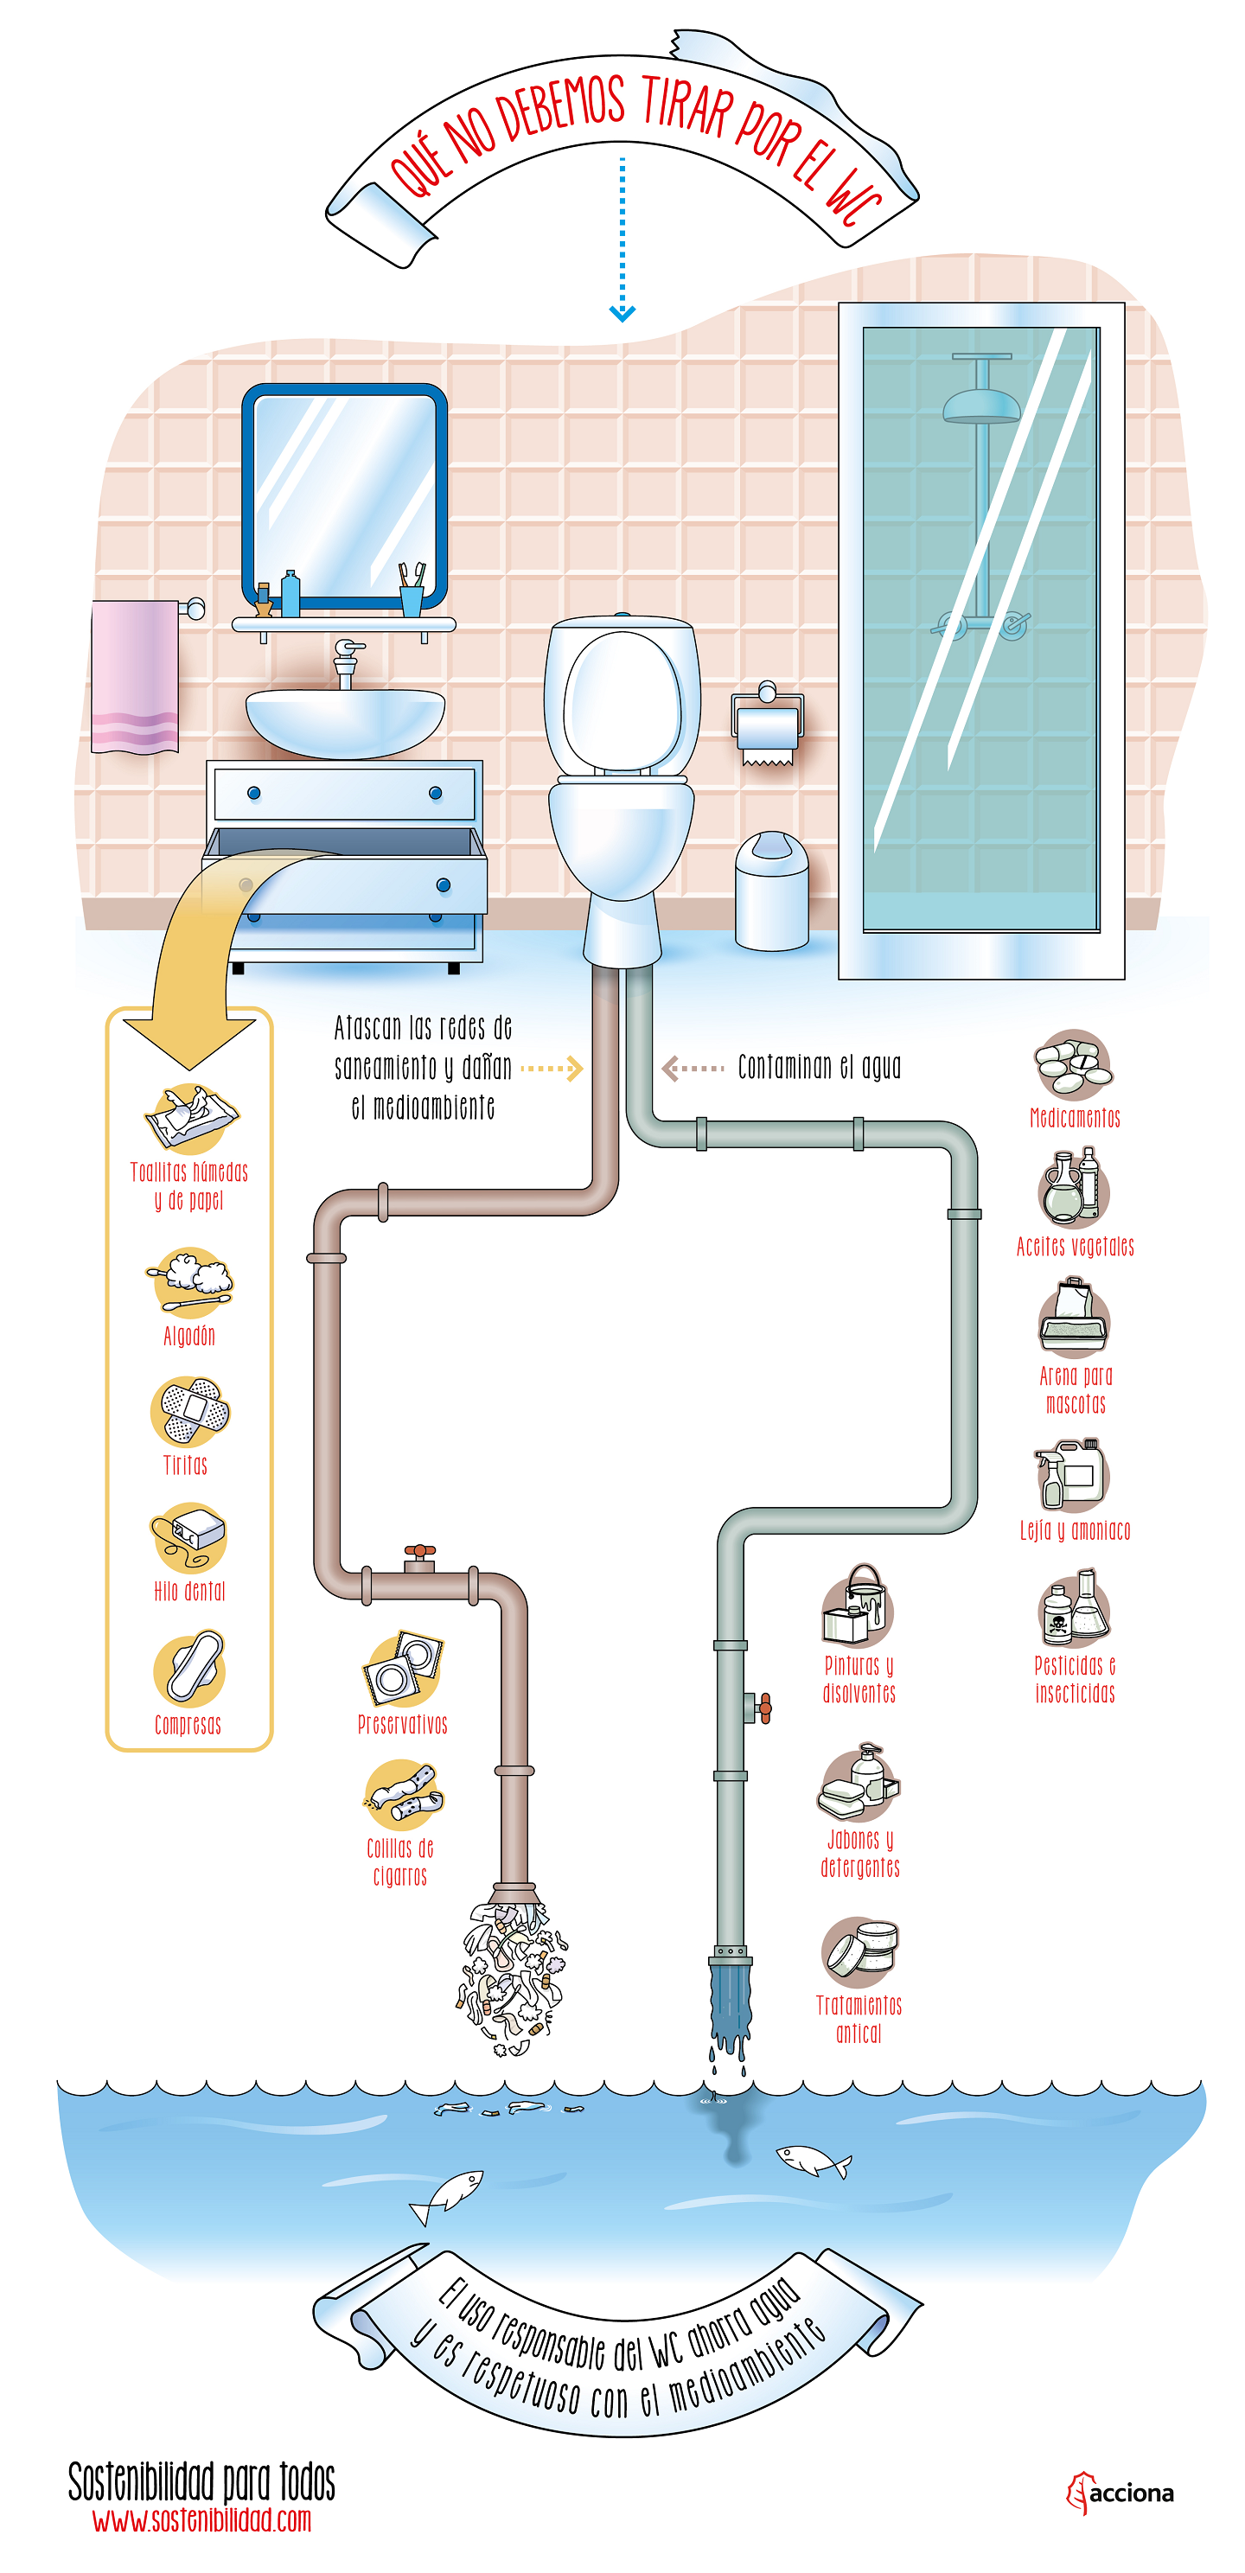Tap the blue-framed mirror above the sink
344,494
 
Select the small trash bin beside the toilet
770,891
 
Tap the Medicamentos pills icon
1072,1065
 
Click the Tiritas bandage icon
190,1410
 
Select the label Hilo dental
188,1591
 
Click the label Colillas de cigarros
399,1861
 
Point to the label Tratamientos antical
859,2019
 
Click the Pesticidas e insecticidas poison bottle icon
1073,1608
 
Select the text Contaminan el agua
819,1068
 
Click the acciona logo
1120,2493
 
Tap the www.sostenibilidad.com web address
201,2520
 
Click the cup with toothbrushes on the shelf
411,592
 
